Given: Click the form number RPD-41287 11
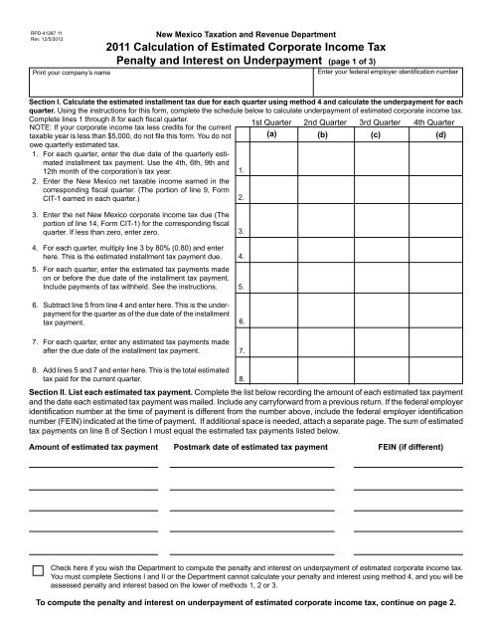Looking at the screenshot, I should coord(47,34).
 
